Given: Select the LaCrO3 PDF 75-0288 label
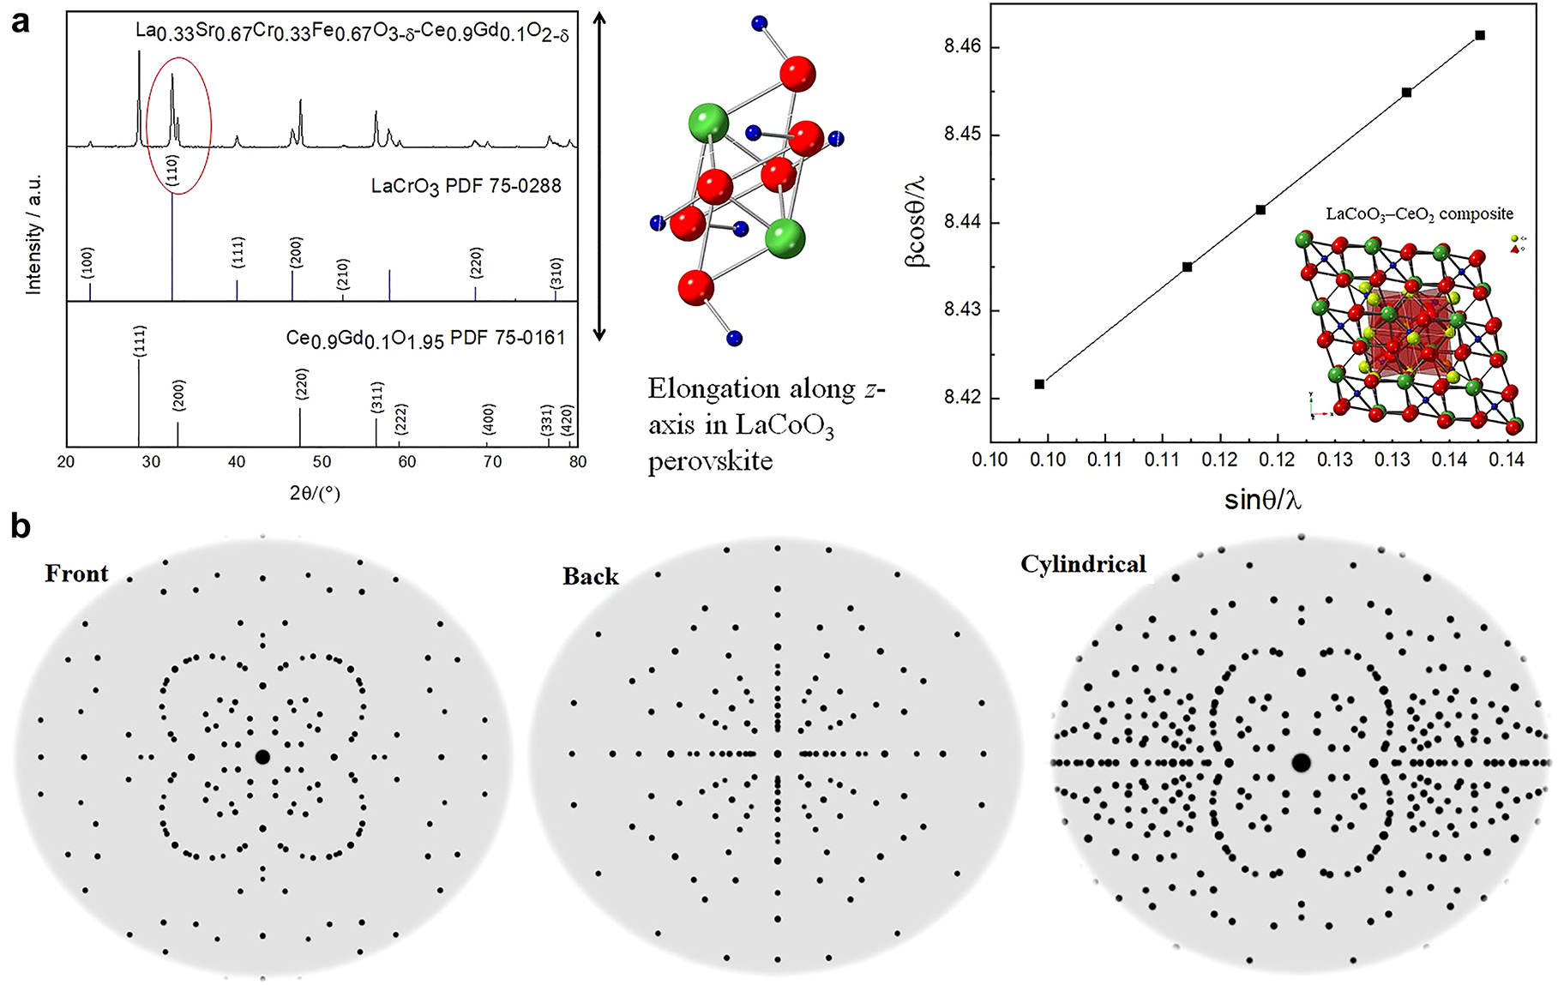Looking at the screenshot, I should click(x=466, y=186).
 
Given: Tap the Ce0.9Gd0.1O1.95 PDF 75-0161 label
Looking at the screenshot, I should click(x=425, y=339).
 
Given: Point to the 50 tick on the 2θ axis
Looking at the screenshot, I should click(x=322, y=461).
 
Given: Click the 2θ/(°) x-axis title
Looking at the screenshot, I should click(x=315, y=493).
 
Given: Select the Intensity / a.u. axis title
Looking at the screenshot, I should click(x=33, y=234).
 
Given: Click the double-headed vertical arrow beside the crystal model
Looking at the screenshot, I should click(x=600, y=176).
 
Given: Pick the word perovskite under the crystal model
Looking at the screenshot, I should click(x=710, y=461).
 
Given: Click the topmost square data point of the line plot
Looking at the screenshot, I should click(x=1480, y=35).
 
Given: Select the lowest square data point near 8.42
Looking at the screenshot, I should click(x=1039, y=384).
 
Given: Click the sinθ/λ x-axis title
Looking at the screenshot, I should click(x=1262, y=500).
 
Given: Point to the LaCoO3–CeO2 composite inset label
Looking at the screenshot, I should click(x=1419, y=214).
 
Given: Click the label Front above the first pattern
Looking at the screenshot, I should click(x=76, y=574).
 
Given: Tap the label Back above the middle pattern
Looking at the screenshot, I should click(x=590, y=576).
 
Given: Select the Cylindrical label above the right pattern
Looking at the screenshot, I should click(x=1083, y=564).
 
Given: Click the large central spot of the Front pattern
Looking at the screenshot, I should click(x=262, y=757).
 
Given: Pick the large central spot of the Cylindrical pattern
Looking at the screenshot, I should click(x=1301, y=762).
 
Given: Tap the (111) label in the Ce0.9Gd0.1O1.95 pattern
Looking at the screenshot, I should click(x=140, y=341).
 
